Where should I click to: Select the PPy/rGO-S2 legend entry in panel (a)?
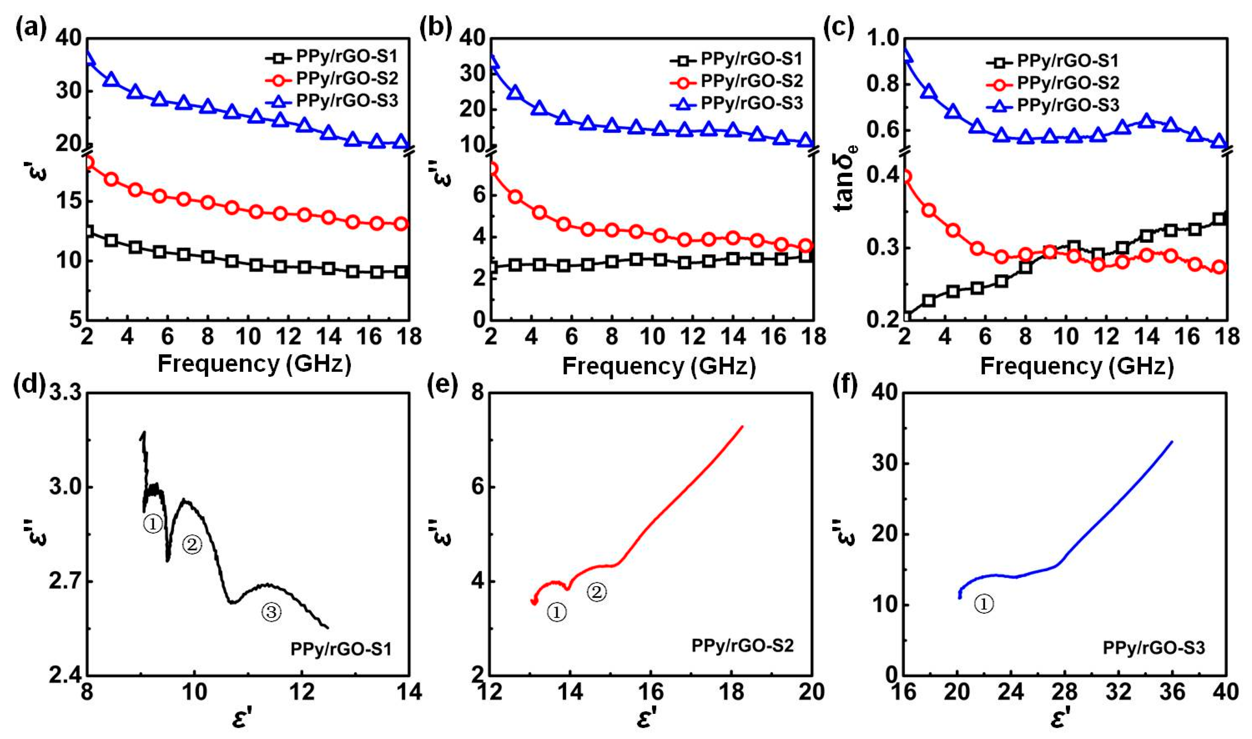[x=347, y=79]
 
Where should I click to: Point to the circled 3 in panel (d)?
[x=271, y=612]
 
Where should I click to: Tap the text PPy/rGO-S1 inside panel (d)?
[x=341, y=649]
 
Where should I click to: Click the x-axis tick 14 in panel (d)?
[x=408, y=692]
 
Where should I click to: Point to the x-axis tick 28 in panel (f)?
[x=1065, y=692]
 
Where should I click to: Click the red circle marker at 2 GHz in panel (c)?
[x=906, y=176]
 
